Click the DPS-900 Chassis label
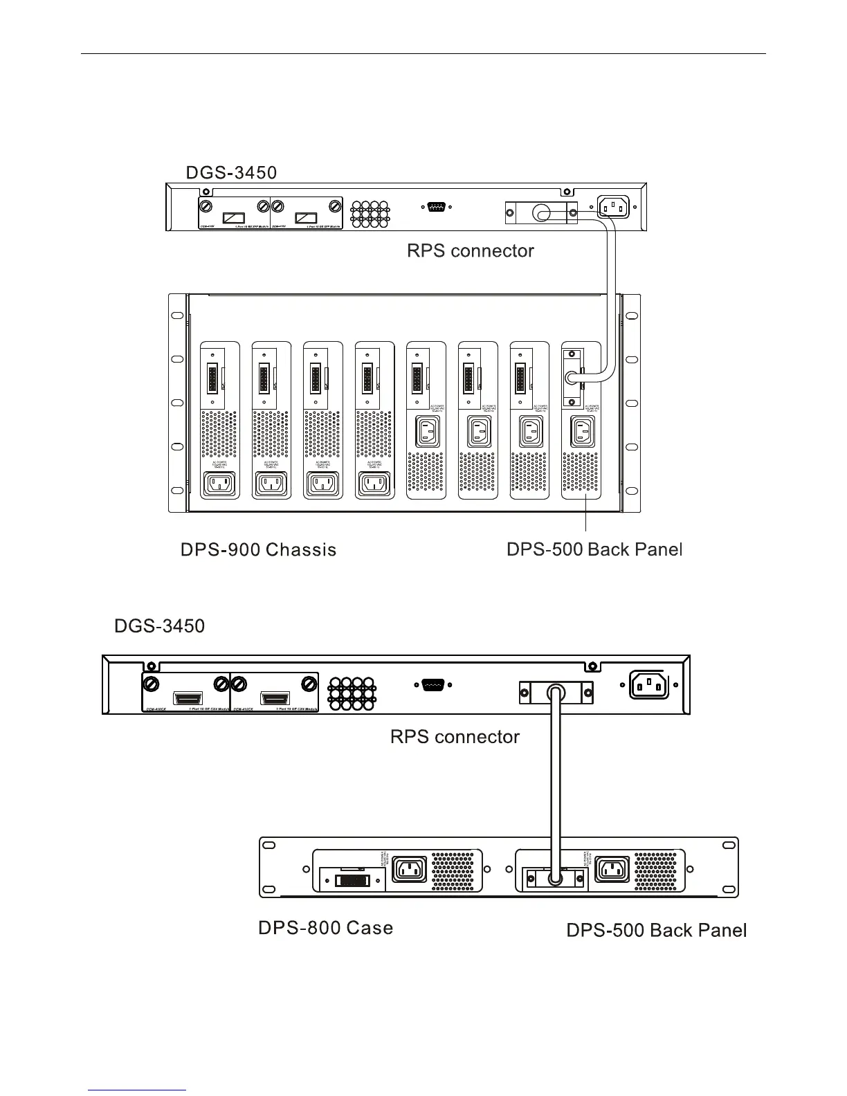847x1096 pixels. tap(258, 550)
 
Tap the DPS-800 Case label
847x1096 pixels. tap(325, 928)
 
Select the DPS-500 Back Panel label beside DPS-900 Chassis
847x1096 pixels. tap(594, 550)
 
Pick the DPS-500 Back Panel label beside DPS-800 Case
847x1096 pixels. tap(656, 931)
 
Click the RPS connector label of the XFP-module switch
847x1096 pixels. tap(471, 250)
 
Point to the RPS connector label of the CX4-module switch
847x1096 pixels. tap(455, 736)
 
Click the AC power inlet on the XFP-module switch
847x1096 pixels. tap(612, 205)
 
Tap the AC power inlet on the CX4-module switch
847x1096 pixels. tap(648, 685)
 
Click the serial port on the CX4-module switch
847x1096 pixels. tap(432, 685)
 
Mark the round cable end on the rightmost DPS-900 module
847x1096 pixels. tap(572, 378)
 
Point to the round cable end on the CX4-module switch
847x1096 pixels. tap(555, 692)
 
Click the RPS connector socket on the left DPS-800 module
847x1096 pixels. tap(352, 881)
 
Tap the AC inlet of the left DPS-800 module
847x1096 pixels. tap(409, 870)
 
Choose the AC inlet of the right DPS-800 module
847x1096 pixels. tap(612, 870)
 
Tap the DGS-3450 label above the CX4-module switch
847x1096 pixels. tap(159, 627)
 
